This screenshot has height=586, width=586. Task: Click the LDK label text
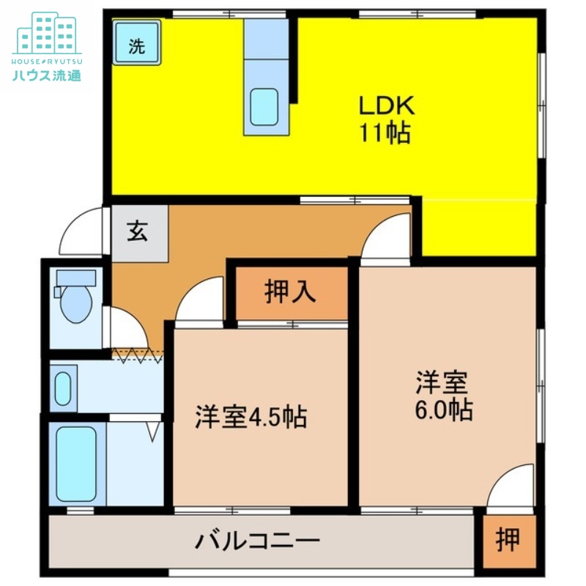coord(387,105)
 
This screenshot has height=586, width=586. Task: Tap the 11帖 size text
coord(384,133)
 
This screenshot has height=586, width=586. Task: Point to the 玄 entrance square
coord(139,232)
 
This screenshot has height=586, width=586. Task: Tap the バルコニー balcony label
coord(258,543)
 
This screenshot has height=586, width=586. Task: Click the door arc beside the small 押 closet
coord(513,487)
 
